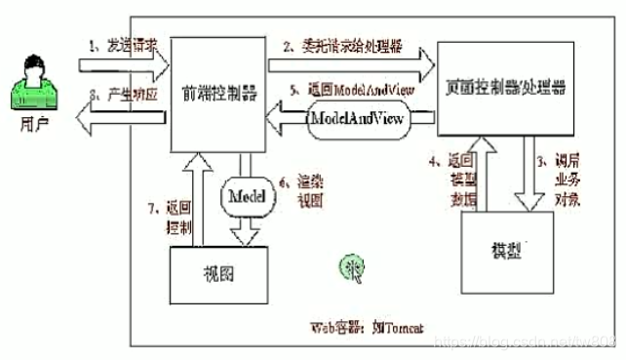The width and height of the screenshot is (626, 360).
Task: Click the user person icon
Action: (x=36, y=82)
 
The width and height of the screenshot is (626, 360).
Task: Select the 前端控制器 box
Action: (x=213, y=98)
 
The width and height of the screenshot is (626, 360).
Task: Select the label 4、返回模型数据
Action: (x=443, y=176)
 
